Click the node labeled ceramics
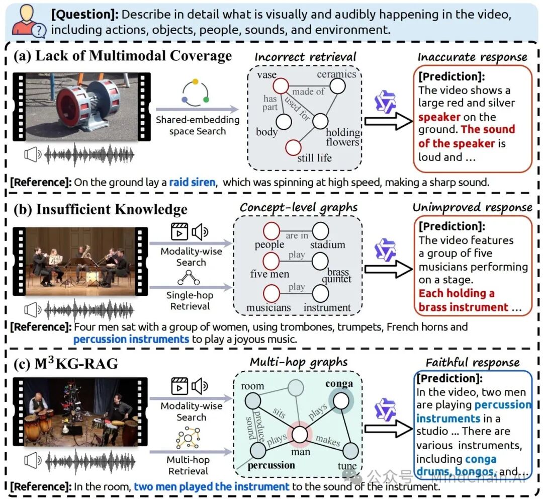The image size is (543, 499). [337, 86]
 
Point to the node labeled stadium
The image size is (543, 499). [320, 231]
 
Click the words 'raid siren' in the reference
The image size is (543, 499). [192, 182]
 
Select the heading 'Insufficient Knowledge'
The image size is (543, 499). [112, 209]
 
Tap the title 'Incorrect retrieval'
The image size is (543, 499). [305, 57]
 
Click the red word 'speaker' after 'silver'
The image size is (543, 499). [439, 117]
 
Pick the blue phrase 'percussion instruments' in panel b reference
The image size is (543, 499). [131, 340]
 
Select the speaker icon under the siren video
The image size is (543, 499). [33, 156]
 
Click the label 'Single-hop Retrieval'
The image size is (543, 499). [190, 301]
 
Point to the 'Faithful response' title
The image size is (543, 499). [472, 363]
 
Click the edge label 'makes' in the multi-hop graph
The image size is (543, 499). [327, 441]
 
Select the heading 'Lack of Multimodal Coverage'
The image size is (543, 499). [134, 55]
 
